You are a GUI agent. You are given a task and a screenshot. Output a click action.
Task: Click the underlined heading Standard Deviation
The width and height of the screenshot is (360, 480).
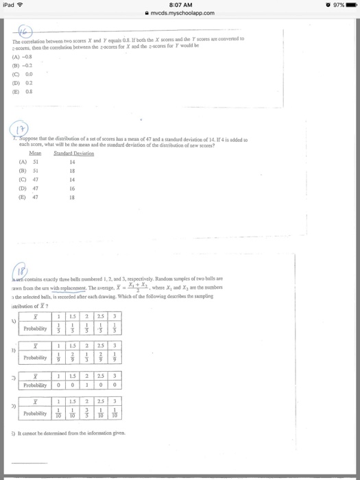tap(77, 154)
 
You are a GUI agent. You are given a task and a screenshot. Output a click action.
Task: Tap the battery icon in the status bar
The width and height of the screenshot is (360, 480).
tap(349, 5)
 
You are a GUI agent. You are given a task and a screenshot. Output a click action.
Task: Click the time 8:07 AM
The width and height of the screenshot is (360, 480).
tap(180, 5)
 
